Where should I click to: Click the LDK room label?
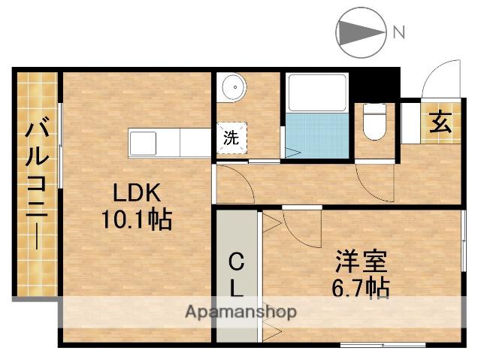pyautogui.click(x=136, y=192)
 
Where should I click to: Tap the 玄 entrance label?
pyautogui.click(x=441, y=123)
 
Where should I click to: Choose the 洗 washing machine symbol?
pyautogui.click(x=231, y=138)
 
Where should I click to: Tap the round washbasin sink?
pyautogui.click(x=234, y=87)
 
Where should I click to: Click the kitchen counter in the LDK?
pyautogui.click(x=168, y=142)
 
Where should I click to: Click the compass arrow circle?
pyautogui.click(x=359, y=32)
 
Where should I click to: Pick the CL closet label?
pyautogui.click(x=236, y=274)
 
